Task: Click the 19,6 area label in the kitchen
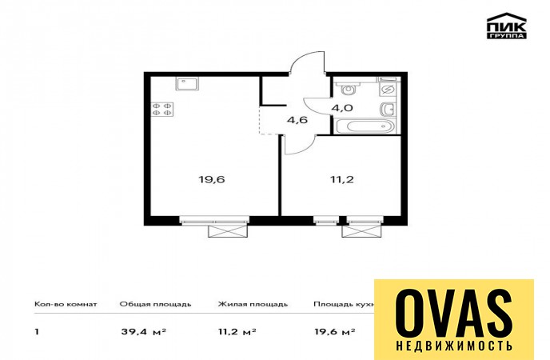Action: [x=212, y=180]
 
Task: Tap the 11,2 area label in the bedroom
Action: [x=341, y=180]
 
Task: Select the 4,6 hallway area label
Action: [x=297, y=120]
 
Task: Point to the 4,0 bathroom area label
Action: [x=342, y=107]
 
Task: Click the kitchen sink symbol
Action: [x=188, y=84]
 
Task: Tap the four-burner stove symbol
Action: [x=162, y=109]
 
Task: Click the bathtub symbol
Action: [x=365, y=126]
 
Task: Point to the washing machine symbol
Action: [x=388, y=89]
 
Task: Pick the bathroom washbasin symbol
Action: [x=389, y=109]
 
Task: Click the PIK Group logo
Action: [x=507, y=26]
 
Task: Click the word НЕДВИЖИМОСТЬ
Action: [x=454, y=346]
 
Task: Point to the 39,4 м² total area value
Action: [x=143, y=331]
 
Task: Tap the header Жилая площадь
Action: [x=253, y=304]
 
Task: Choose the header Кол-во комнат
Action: [x=66, y=304]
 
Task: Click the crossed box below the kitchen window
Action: [x=228, y=231]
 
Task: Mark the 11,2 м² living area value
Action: [x=237, y=331]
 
